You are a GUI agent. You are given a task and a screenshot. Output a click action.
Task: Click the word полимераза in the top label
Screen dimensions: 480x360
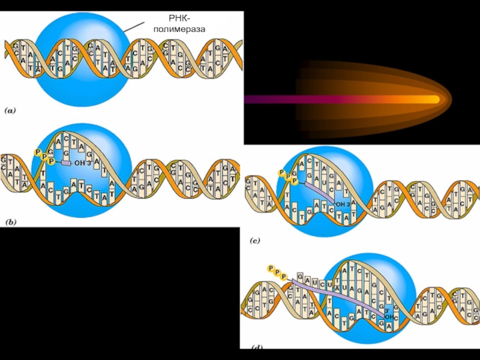click(x=178, y=29)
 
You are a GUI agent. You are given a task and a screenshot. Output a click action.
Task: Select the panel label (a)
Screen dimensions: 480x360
click(x=12, y=110)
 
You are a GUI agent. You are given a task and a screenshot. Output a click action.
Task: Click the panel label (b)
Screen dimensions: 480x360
click(x=11, y=221)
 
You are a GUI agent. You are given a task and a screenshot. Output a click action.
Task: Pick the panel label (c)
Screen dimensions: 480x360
click(x=255, y=241)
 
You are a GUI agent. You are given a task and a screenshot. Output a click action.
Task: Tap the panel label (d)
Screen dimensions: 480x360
click(x=256, y=346)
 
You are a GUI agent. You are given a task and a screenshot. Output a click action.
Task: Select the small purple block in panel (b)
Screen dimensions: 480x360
click(x=66, y=163)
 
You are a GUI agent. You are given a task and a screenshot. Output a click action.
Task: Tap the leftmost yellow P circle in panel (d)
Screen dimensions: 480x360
click(x=271, y=268)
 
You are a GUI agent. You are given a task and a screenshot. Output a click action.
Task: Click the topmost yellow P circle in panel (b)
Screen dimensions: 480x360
click(x=38, y=153)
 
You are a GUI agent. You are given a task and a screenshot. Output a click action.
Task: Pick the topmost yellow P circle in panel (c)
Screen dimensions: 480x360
click(x=281, y=173)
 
